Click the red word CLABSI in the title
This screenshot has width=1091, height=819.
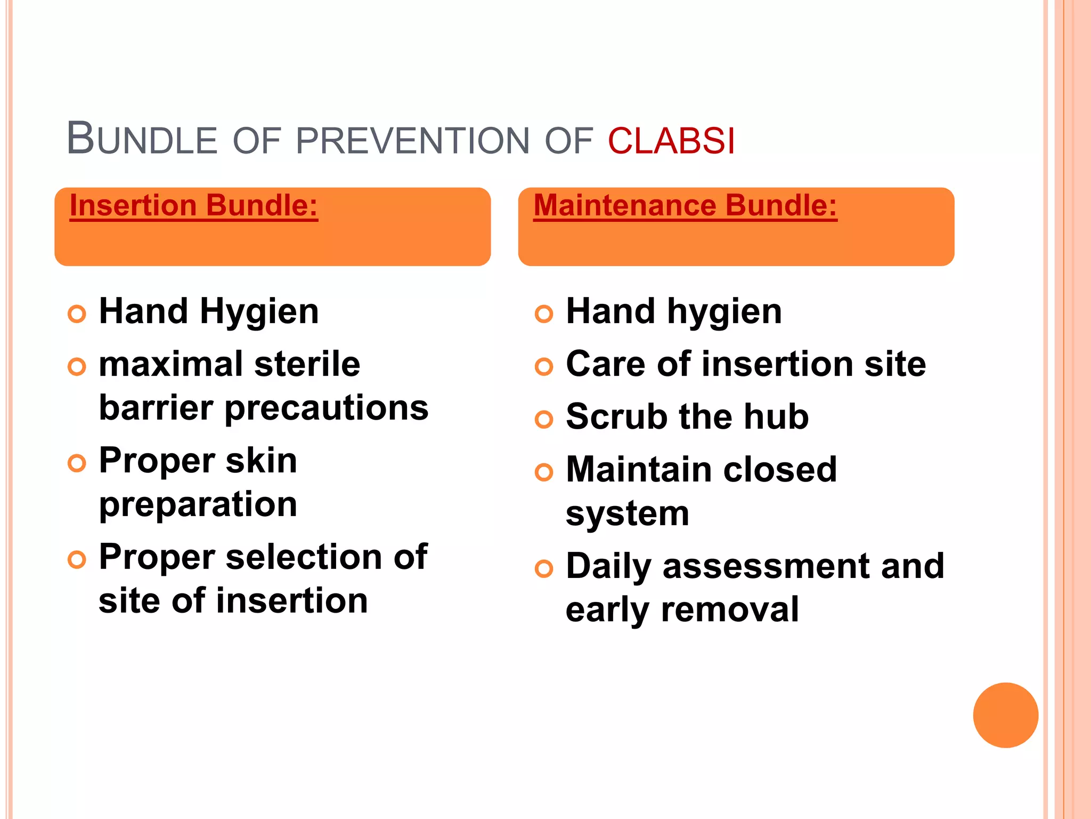671,141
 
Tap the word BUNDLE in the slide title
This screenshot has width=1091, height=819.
142,140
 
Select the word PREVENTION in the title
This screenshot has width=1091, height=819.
412,141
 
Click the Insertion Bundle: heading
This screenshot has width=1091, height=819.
194,206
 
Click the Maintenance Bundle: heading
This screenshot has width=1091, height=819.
685,206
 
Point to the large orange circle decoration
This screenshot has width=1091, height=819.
1005,715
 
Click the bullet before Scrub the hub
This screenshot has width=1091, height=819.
544,419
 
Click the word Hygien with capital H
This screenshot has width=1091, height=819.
259,312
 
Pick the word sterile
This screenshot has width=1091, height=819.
307,365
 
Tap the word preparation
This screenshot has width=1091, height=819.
198,505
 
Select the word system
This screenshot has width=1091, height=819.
628,515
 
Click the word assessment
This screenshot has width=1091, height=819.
767,566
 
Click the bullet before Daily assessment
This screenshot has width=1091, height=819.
544,569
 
